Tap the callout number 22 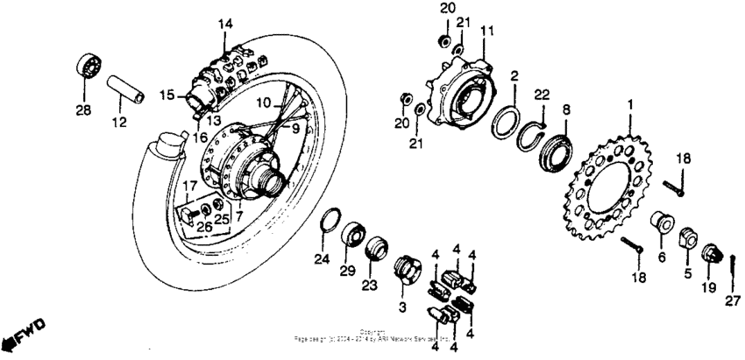pyautogui.click(x=542, y=95)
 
